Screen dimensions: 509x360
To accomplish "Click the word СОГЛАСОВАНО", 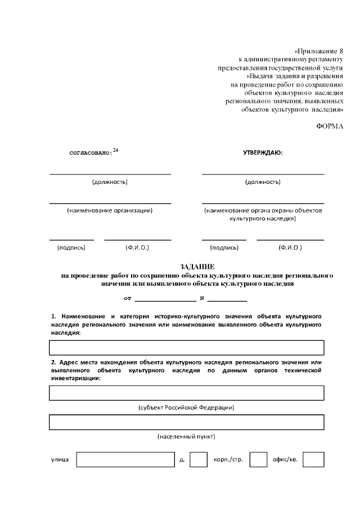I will pyautogui.click(x=90, y=152).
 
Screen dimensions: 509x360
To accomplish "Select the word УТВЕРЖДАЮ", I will pyautogui.click(x=263, y=152).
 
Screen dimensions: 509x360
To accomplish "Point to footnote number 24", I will pyautogui.click(x=116, y=150).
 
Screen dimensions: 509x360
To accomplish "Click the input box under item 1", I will pyautogui.click(x=187, y=348).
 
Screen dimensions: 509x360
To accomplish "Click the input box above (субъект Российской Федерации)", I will pyautogui.click(x=187, y=393).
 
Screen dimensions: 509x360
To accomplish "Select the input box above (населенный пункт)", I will pyautogui.click(x=187, y=422).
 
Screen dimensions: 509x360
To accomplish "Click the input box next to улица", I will pyautogui.click(x=125, y=460).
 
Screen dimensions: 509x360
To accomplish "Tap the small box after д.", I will pyautogui.click(x=198, y=460).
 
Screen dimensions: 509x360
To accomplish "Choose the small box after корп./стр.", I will pyautogui.click(x=258, y=460).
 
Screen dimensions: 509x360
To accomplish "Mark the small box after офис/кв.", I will pyautogui.click(x=313, y=460).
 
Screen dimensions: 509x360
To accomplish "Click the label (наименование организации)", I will pyautogui.click(x=110, y=210).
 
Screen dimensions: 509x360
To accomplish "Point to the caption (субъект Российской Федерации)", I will pyautogui.click(x=186, y=407).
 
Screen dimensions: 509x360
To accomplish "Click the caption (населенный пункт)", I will pyautogui.click(x=186, y=436).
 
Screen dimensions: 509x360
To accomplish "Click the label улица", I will pyautogui.click(x=60, y=460).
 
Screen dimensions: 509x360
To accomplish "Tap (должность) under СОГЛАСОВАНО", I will pyautogui.click(x=110, y=182).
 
